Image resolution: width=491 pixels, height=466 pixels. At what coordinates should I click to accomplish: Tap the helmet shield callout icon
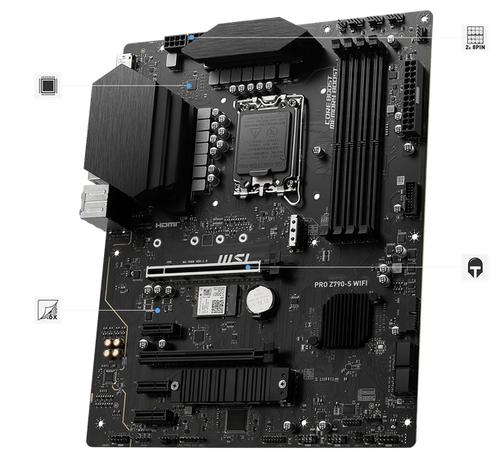[473, 267]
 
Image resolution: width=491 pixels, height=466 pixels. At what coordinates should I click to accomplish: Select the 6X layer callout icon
[46, 311]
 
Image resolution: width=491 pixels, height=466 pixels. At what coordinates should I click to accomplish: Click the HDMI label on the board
[168, 222]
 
